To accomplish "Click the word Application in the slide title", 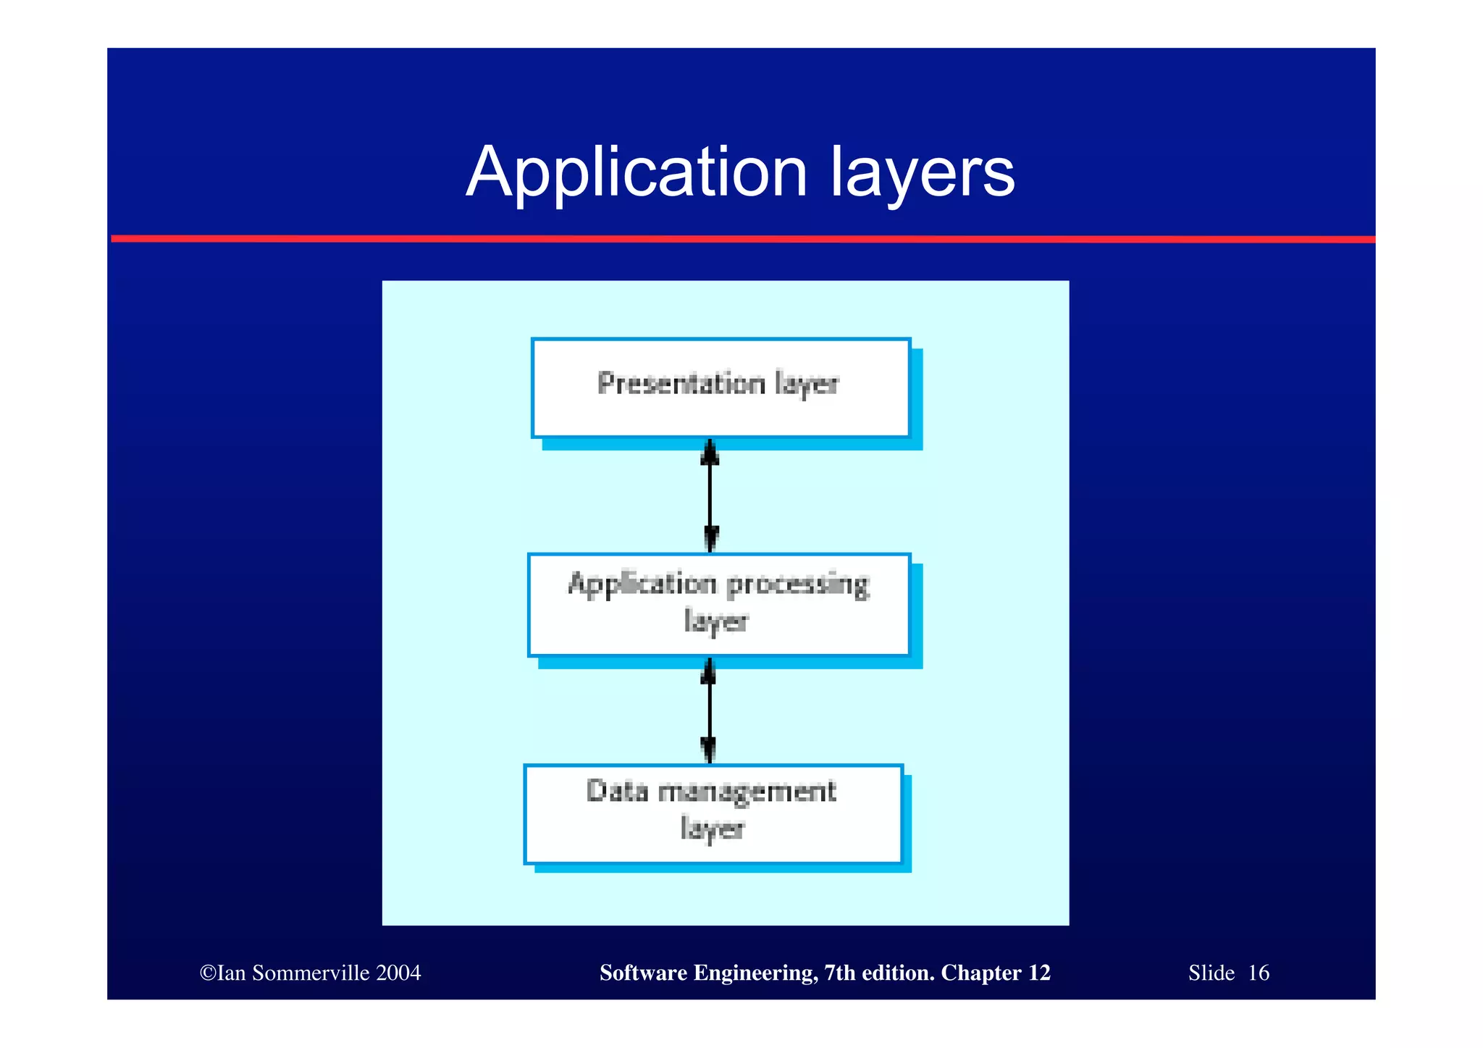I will tap(636, 172).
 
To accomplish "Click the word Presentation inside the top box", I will tap(681, 383).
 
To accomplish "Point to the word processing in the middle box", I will tap(797, 584).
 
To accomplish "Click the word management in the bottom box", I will tap(747, 792).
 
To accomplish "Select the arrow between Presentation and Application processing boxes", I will tap(710, 496).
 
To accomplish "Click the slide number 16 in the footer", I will tap(1258, 973).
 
